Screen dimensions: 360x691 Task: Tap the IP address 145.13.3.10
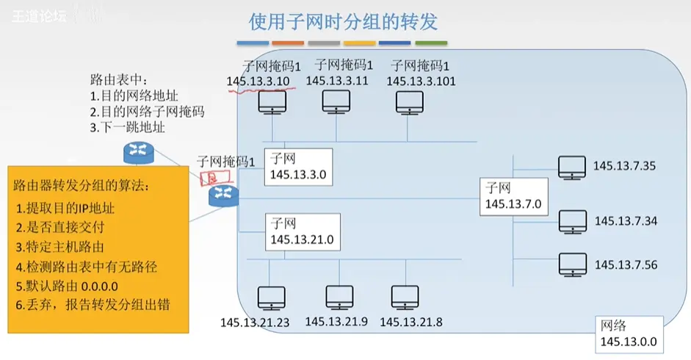(x=258, y=82)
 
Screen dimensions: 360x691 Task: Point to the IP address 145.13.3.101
(x=422, y=82)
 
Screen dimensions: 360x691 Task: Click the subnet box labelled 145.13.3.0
(x=299, y=167)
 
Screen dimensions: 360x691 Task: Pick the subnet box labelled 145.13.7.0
(x=514, y=196)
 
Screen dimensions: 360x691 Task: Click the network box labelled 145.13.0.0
(x=628, y=334)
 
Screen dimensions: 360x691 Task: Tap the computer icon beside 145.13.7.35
(x=572, y=168)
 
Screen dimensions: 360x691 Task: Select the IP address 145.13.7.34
(x=626, y=220)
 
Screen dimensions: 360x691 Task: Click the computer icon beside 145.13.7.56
(x=572, y=264)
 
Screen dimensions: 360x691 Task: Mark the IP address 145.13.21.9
(x=337, y=321)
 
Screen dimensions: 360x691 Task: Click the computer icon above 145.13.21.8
(x=405, y=298)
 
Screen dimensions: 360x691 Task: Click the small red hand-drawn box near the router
(x=211, y=177)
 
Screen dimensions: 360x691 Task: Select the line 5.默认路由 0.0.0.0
(x=68, y=285)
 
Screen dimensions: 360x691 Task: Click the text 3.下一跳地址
(x=127, y=127)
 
